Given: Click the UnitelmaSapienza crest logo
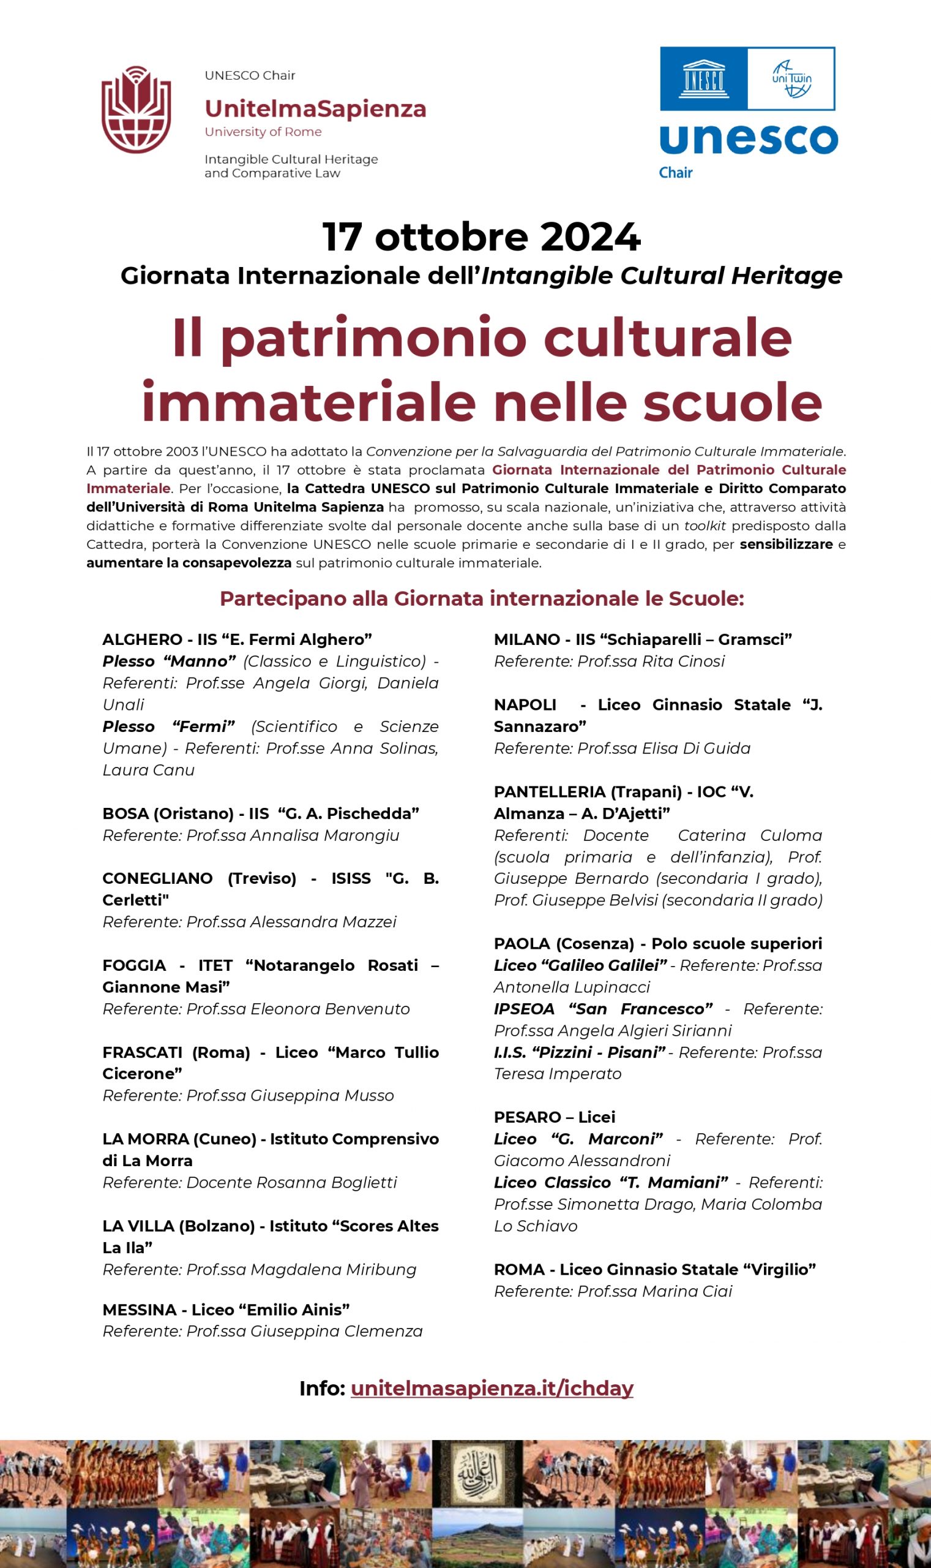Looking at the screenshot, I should point(136,110).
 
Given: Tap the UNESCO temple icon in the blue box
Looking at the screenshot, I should point(703,79).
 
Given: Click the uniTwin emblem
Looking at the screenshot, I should point(790,79).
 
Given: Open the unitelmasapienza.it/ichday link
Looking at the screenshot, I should point(492,1388).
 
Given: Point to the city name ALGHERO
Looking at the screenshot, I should point(143,639).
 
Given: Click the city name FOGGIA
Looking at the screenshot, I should point(134,965).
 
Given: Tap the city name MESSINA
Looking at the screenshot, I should point(140,1310).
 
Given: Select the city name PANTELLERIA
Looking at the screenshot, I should point(550,792).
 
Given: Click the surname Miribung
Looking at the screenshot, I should point(383,1269).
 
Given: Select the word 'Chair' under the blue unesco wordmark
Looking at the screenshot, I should point(675,173).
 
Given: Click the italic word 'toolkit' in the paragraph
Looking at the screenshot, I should point(705,526).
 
